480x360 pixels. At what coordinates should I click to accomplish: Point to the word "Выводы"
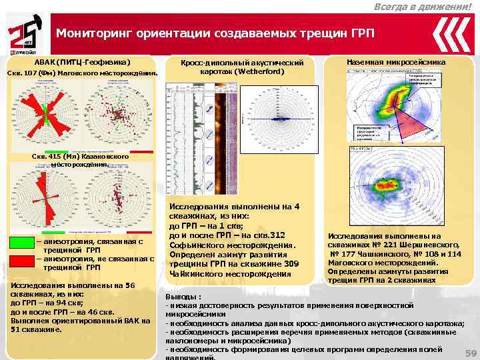click(x=181, y=295)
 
